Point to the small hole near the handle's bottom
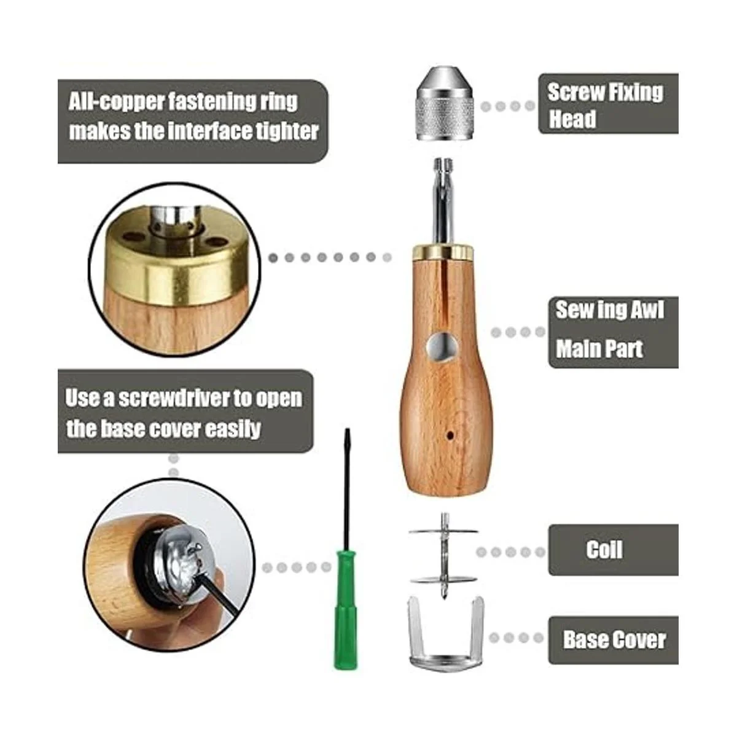[x=450, y=435]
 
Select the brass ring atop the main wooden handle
[x=443, y=250]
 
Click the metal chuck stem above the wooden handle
[x=443, y=203]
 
